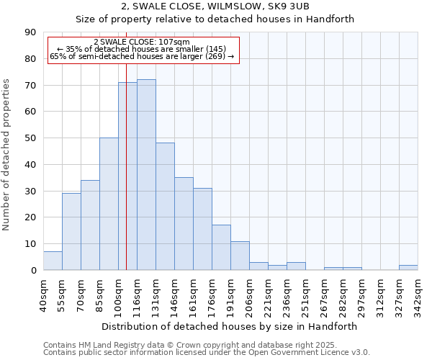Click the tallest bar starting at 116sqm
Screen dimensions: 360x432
pos(146,175)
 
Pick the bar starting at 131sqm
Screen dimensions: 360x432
pos(165,207)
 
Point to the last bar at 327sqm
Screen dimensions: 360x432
pos(408,267)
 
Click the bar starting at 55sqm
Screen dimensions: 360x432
pos(71,232)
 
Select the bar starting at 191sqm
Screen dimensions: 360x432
pos(240,256)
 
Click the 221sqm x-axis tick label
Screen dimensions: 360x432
pos(268,295)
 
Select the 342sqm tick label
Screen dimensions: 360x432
pos(418,295)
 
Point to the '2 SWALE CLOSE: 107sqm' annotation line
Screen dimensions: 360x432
pos(142,42)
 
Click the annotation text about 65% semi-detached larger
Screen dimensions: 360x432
pos(142,56)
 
